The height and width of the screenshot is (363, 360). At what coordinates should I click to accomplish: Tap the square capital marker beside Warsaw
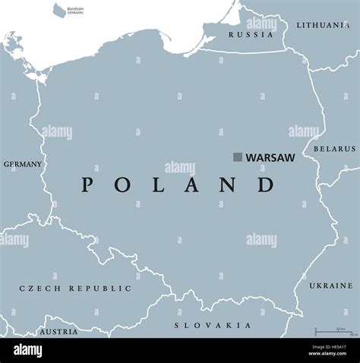coord(238,157)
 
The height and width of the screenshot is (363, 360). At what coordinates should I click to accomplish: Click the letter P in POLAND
coord(88,185)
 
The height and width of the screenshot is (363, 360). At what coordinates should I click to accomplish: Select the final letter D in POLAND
coord(266,185)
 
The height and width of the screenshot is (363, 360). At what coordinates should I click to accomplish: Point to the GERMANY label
coord(23,164)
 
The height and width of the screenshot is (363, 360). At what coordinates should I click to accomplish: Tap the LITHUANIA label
coord(323,25)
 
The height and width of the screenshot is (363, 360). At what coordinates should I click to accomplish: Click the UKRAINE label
coord(330,286)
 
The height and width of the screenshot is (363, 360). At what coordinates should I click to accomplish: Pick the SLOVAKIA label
coord(213,325)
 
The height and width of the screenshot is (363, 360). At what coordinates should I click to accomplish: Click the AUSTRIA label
coord(58,332)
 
